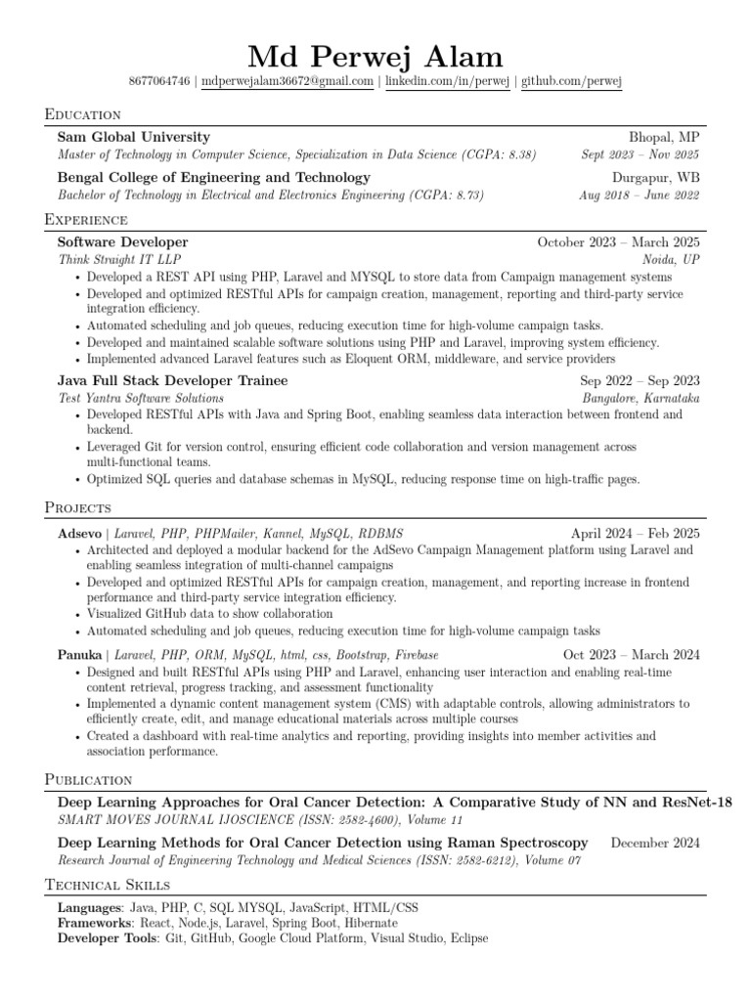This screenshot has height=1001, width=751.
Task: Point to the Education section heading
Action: point(83,114)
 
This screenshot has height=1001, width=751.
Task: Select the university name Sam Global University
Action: point(134,137)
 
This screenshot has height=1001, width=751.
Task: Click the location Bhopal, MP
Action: point(664,137)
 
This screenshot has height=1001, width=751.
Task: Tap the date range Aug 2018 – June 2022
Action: point(640,195)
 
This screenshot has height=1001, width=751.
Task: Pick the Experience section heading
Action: point(86,219)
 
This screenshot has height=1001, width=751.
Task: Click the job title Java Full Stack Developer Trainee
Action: point(173,379)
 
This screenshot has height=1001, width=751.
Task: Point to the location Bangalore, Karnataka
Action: point(641,398)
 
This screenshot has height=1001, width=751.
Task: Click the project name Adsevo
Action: point(79,534)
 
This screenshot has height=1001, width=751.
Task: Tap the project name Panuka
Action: point(80,654)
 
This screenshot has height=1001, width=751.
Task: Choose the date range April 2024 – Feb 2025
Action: point(636,534)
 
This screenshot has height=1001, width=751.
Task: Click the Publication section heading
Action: point(89,779)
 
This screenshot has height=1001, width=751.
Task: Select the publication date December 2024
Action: point(655,842)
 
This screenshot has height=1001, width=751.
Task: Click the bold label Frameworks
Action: point(94,923)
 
